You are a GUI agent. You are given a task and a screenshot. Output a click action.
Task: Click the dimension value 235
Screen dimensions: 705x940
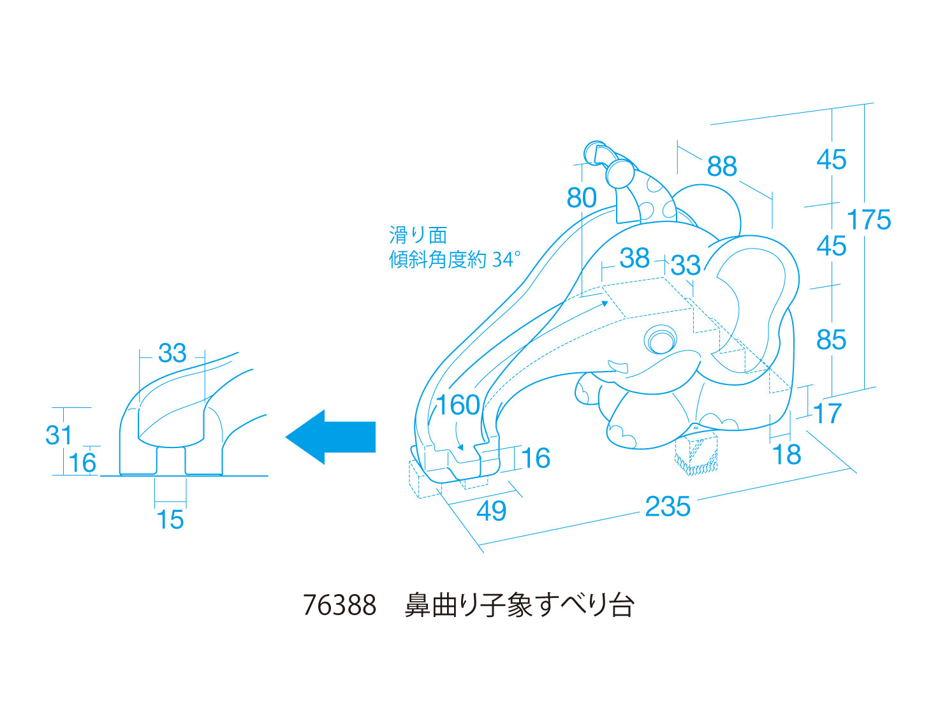[667, 507]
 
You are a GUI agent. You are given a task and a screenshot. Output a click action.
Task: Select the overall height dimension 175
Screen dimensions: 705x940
[869, 220]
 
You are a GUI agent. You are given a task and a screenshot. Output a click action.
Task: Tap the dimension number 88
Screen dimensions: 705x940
[722, 167]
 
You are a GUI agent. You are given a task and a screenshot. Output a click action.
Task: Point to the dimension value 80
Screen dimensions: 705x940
[582, 198]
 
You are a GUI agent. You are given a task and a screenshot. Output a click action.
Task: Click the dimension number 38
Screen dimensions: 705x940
[635, 258]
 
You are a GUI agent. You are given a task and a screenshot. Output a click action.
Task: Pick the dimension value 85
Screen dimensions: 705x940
[832, 340]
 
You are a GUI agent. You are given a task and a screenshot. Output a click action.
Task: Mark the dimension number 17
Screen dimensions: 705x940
[828, 414]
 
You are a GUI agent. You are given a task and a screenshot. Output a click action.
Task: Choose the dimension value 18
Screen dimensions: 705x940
[786, 455]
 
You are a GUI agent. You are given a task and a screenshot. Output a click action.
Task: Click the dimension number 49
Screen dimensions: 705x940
[492, 511]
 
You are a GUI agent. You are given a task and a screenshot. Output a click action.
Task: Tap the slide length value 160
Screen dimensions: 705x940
[458, 405]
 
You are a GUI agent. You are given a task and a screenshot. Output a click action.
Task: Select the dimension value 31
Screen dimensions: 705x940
[59, 436]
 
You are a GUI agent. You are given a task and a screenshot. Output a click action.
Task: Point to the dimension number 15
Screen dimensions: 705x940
[170, 520]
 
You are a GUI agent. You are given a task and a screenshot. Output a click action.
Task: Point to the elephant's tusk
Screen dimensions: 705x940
[618, 367]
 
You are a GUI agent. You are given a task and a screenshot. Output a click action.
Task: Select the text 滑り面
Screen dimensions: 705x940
[418, 235]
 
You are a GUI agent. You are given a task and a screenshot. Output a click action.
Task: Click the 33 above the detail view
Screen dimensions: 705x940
[172, 353]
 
